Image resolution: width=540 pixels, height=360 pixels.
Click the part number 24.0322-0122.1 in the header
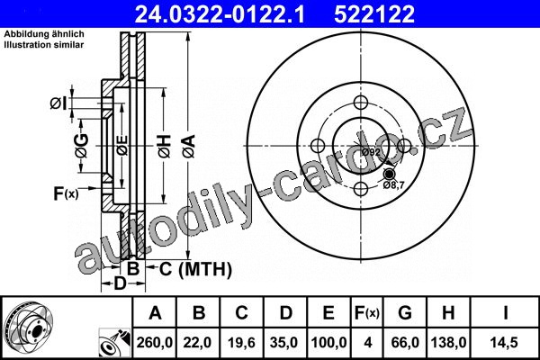click(220, 14)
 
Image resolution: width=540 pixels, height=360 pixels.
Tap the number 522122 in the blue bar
click(374, 14)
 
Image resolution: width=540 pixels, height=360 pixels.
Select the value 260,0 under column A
click(154, 343)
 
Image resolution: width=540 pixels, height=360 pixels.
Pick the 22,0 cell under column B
click(198, 343)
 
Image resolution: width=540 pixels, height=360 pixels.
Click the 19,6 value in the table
click(241, 343)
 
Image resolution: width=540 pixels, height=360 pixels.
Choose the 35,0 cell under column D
click(284, 343)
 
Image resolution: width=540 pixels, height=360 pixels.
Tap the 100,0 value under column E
click(328, 343)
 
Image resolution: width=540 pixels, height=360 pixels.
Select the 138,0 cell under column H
click(449, 343)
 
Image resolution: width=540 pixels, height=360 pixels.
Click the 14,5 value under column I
click(504, 343)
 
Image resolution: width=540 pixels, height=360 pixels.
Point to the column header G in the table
click(405, 313)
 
